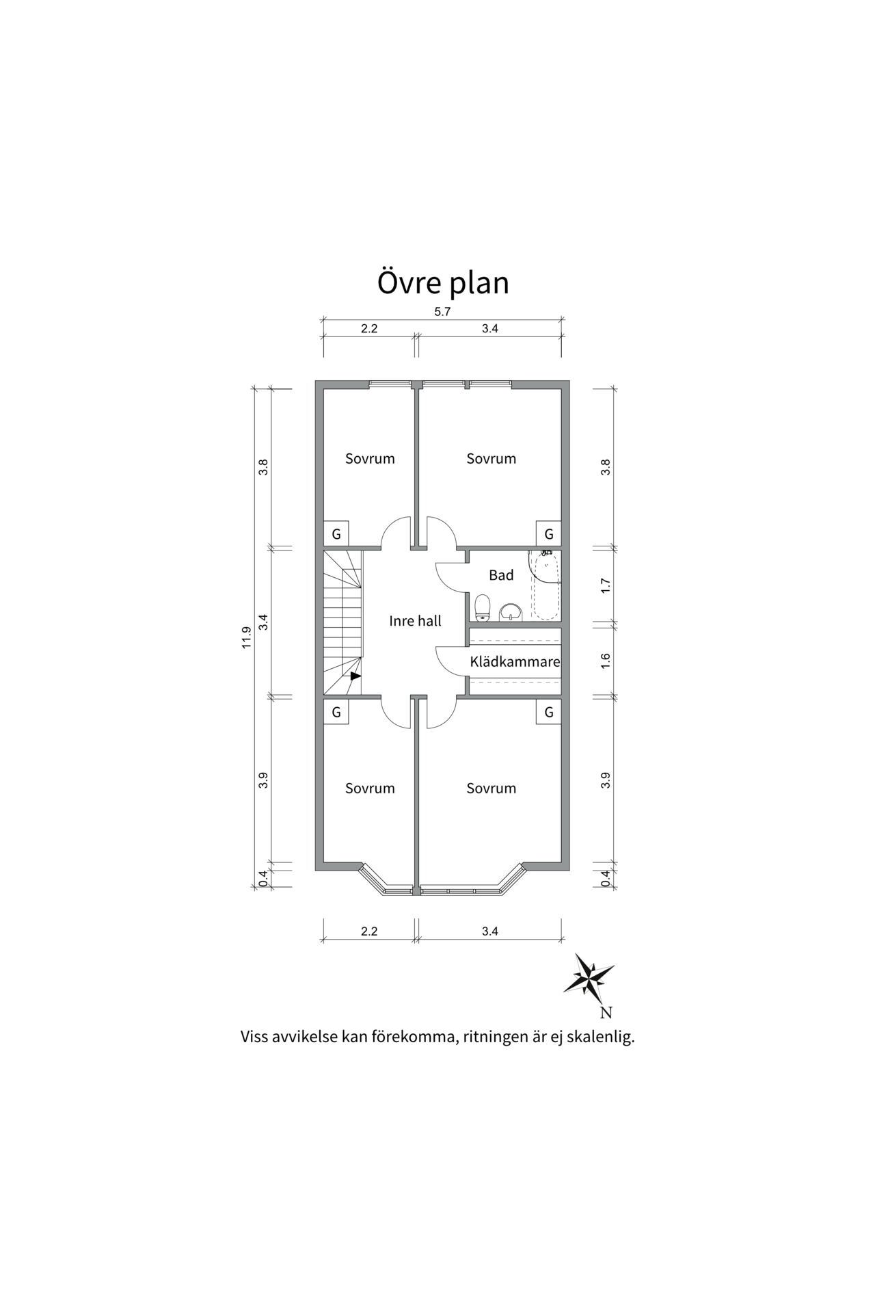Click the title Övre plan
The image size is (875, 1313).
443,282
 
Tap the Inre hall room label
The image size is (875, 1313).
415,621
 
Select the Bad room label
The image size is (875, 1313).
501,575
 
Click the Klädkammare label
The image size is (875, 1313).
515,662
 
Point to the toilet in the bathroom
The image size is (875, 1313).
483,607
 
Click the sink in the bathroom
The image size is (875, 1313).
511,611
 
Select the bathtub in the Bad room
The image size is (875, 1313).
544,586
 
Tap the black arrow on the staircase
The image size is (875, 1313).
355,676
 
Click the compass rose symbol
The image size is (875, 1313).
589,974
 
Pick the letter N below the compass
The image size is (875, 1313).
606,1013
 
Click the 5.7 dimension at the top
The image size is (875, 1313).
442,312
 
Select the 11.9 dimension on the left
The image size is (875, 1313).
247,637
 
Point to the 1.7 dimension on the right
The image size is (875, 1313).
605,585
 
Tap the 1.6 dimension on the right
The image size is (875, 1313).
605,661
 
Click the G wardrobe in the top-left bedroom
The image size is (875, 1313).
336,534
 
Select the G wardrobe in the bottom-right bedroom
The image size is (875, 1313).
548,713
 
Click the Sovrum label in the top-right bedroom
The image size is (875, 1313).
491,459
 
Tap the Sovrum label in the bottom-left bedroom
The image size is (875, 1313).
370,788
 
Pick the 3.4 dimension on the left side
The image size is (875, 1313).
263,622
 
